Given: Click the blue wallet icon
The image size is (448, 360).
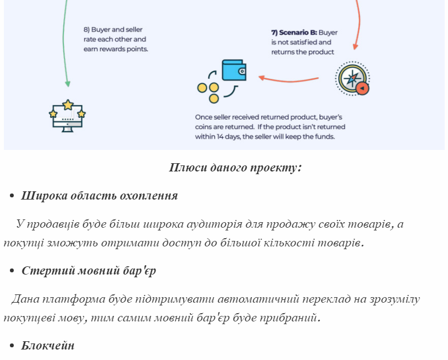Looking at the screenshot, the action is [234, 70].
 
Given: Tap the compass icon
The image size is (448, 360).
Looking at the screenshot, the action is [353, 78].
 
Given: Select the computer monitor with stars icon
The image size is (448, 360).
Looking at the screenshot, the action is [67, 116].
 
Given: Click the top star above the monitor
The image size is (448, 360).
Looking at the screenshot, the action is [68, 105].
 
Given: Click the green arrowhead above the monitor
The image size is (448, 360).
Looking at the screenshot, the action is [68, 83].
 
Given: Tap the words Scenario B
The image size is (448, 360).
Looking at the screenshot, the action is [298, 33].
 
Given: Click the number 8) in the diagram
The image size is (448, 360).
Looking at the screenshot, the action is [87, 29].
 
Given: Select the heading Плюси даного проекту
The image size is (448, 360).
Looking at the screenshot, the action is [235, 168].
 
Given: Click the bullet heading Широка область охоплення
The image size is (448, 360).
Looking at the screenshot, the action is [99, 196].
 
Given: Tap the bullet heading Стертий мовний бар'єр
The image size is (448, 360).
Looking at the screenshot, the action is [89, 271].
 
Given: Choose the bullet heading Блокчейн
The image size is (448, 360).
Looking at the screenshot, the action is [48, 346].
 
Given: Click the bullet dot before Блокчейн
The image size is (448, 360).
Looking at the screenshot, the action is [12, 346].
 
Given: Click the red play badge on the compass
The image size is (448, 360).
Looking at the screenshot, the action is [362, 88].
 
